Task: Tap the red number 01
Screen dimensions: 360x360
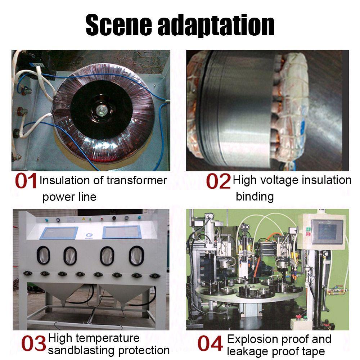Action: coord(26,181)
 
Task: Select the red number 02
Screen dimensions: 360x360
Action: coord(218,181)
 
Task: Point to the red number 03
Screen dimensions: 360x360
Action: coord(34,344)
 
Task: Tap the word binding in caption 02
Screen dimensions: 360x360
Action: coord(255,197)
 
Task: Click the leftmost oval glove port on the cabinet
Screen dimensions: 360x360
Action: coord(40,255)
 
